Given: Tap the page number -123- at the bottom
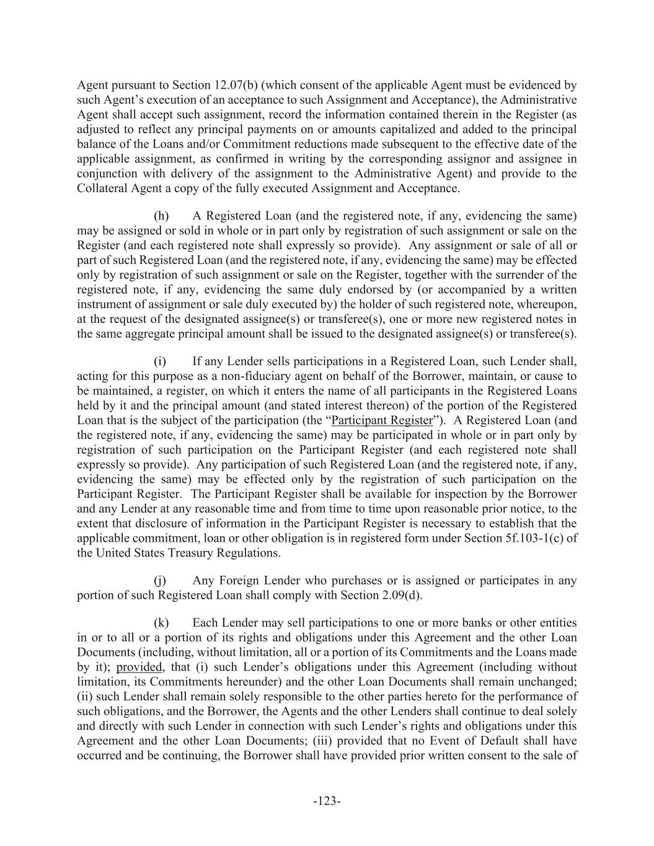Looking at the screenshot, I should pyautogui.click(x=327, y=801).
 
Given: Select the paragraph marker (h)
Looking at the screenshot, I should pyautogui.click(x=161, y=216).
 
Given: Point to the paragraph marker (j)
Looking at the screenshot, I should pyautogui.click(x=160, y=581).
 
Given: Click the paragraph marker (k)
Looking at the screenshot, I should pyautogui.click(x=161, y=622).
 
